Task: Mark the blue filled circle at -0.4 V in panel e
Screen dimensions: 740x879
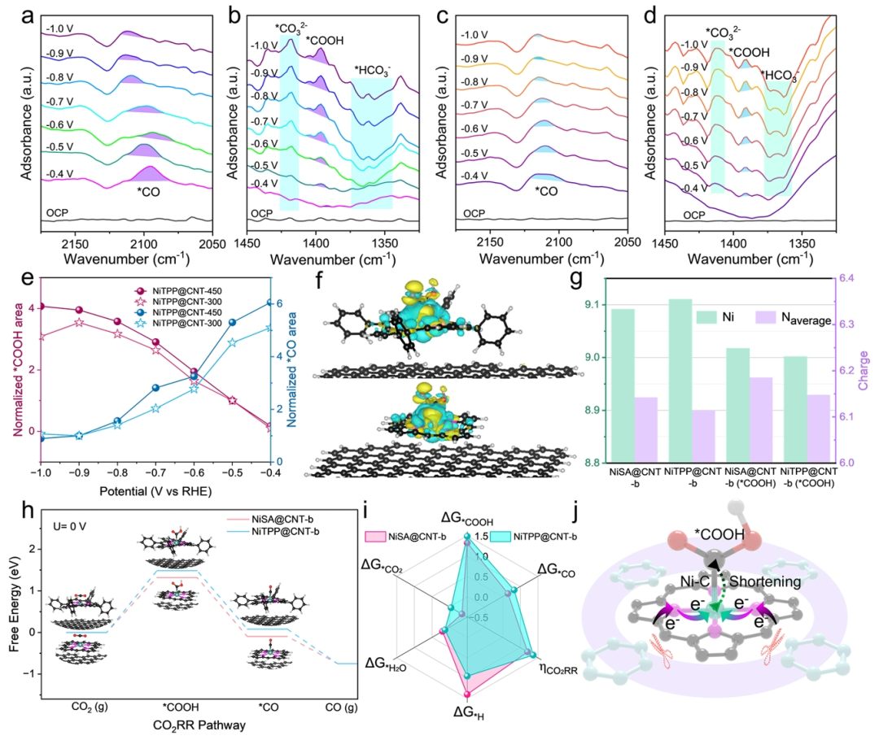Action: click(x=268, y=303)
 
